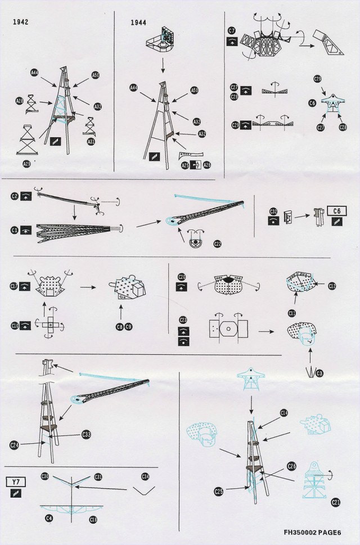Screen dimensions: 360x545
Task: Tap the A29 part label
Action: tap(27, 163)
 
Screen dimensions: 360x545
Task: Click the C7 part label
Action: tap(231, 30)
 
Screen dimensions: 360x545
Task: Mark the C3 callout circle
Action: tap(319, 373)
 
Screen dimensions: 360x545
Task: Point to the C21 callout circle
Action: tap(336, 501)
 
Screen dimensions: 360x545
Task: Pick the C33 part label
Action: tap(86, 434)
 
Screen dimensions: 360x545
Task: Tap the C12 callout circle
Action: tap(332, 286)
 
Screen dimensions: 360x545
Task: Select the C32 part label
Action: tap(273, 212)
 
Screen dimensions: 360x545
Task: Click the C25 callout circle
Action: tap(218, 492)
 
